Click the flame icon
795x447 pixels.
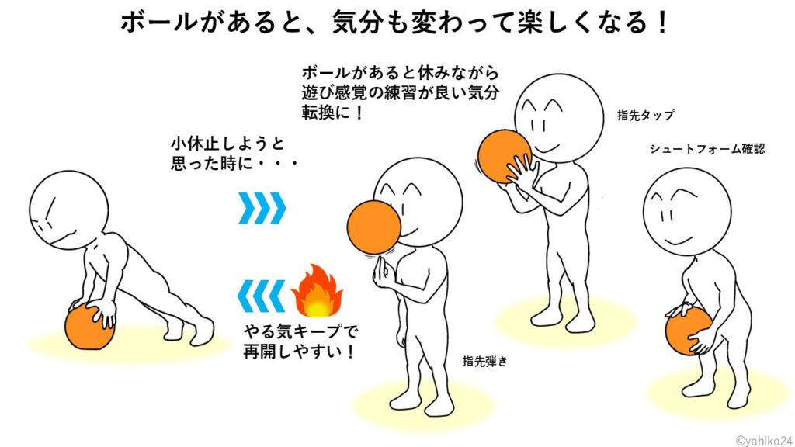point(317,291)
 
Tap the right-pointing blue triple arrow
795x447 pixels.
point(262,208)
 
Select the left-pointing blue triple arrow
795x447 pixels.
point(262,296)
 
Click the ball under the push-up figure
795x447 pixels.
point(90,327)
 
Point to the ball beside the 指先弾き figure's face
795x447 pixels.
point(374,227)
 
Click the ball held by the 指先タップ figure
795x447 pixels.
point(505,156)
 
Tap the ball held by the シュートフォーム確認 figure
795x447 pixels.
point(689,330)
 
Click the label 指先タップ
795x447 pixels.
point(645,116)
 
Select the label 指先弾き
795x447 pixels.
point(484,362)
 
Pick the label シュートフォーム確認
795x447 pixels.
point(706,149)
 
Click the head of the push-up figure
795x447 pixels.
point(69,210)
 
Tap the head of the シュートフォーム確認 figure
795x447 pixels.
point(687,212)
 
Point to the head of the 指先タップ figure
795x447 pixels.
point(559,119)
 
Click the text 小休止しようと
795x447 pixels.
point(227,144)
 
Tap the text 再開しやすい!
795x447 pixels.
point(299,352)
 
